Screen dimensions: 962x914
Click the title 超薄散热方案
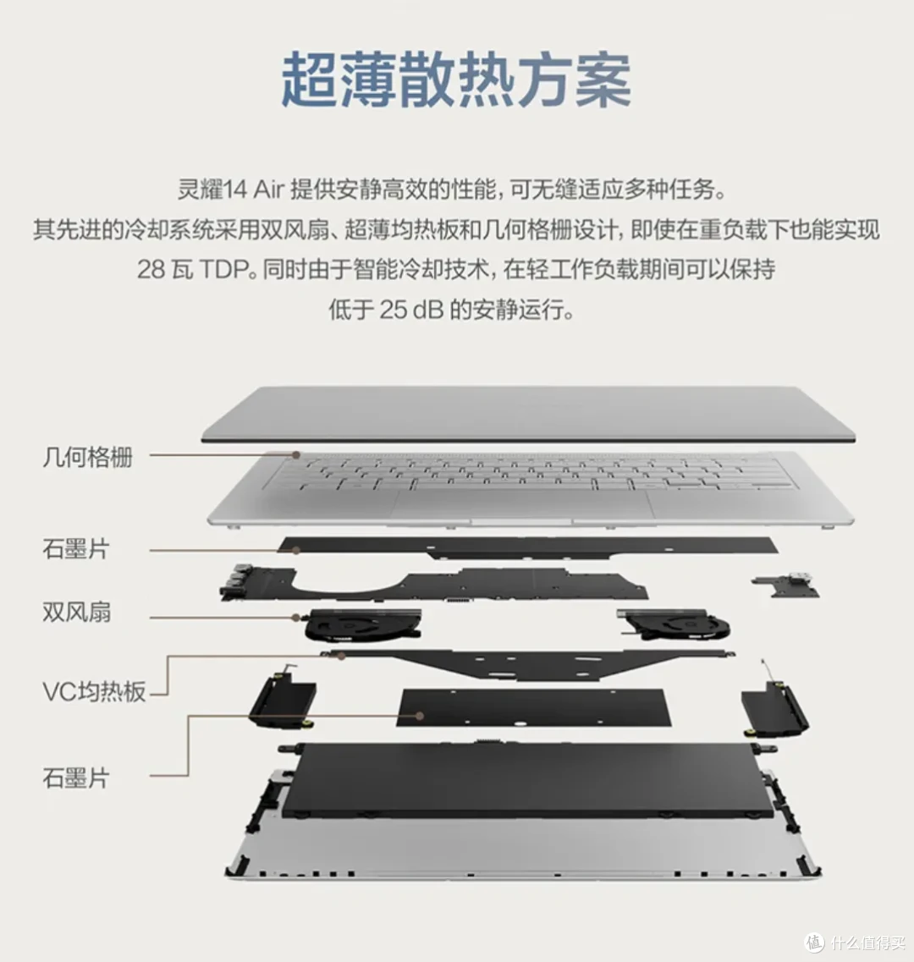tap(456, 81)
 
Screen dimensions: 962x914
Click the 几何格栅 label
tap(87, 458)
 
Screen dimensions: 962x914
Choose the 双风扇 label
tap(76, 612)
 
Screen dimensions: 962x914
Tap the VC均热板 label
tap(95, 692)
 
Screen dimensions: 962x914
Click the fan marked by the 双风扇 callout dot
tap(362, 626)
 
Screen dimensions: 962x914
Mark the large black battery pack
tap(528, 778)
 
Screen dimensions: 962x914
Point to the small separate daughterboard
tap(787, 585)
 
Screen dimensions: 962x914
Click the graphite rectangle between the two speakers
tap(534, 707)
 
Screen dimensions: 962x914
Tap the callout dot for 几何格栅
tap(297, 454)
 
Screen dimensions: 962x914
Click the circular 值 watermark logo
tap(814, 943)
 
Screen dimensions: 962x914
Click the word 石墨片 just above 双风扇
tap(76, 549)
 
